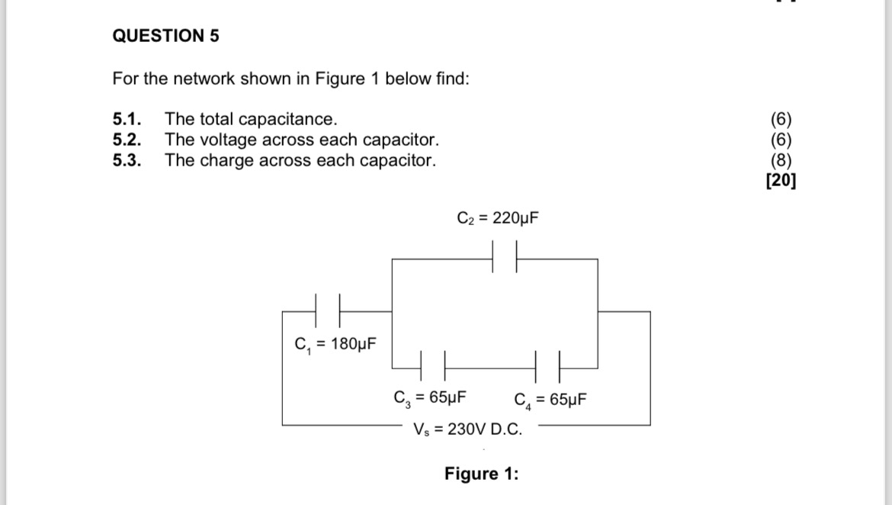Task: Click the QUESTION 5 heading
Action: pos(165,36)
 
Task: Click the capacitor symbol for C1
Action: pos(327,311)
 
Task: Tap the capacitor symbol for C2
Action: pos(505,259)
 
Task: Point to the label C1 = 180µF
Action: pos(335,344)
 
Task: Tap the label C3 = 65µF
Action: pos(430,397)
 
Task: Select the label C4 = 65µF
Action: pos(550,400)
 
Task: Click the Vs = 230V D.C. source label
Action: pos(468,429)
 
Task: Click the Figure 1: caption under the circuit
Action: pos(481,474)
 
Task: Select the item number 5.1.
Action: pos(127,119)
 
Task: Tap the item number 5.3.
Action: pos(127,160)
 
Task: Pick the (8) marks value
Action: pos(781,160)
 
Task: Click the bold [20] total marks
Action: pos(781,181)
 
